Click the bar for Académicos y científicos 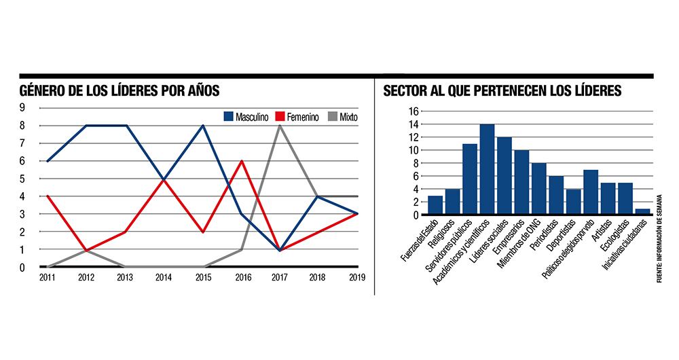(x=487, y=170)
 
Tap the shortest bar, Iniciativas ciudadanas (x=642, y=212)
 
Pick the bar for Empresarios (x=521, y=183)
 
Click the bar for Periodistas (x=556, y=196)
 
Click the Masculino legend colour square (x=228, y=116)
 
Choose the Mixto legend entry (x=343, y=116)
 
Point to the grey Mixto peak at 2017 (x=279, y=126)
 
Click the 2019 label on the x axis (x=358, y=277)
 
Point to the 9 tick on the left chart (x=22, y=108)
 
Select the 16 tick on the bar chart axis (x=414, y=111)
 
